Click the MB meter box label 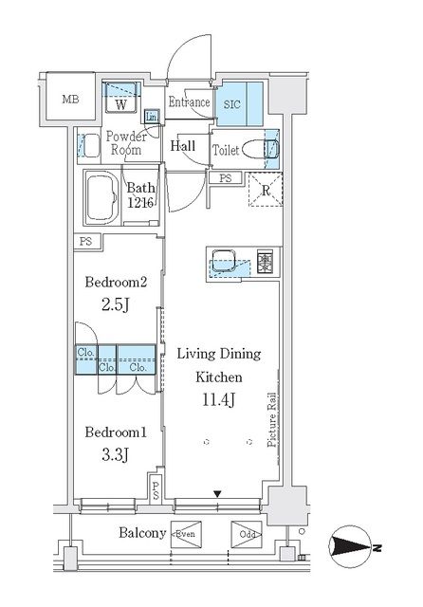tap(70, 100)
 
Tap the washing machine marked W tap(120, 98)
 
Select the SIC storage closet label tap(231, 104)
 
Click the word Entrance tap(190, 101)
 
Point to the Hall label tap(183, 146)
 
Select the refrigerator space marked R tap(266, 190)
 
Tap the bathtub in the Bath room tap(101, 198)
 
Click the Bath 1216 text tap(141, 195)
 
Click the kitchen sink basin tap(224, 258)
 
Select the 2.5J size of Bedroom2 tap(116, 305)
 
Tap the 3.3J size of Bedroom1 tap(115, 455)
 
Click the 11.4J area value tap(219, 400)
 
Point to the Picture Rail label tap(272, 420)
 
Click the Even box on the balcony tap(186, 534)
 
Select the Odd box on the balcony tap(247, 534)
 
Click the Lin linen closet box tap(152, 116)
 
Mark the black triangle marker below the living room tap(218, 494)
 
